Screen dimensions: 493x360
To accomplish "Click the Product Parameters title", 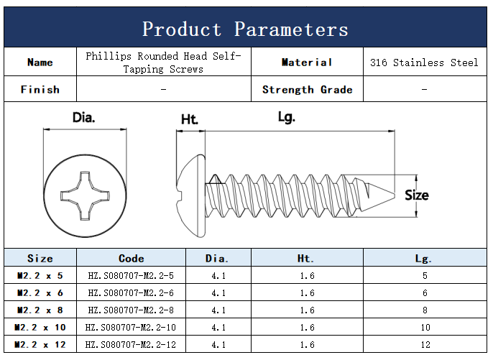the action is click(245, 29).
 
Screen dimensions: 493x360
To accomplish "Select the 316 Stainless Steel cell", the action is click(425, 62).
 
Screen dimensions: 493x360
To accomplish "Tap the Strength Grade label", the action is click(307, 90).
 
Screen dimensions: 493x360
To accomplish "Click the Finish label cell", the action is click(40, 89).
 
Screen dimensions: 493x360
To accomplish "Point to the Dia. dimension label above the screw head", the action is click(83, 117).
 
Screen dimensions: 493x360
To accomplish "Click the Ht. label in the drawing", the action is click(189, 119).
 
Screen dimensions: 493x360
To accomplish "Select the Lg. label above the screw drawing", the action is click(287, 117).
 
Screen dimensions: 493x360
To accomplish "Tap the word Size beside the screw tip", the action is click(417, 195).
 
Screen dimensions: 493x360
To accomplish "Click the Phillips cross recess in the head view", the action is click(85, 195).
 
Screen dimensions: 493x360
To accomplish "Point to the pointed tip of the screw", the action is click(395, 195).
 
